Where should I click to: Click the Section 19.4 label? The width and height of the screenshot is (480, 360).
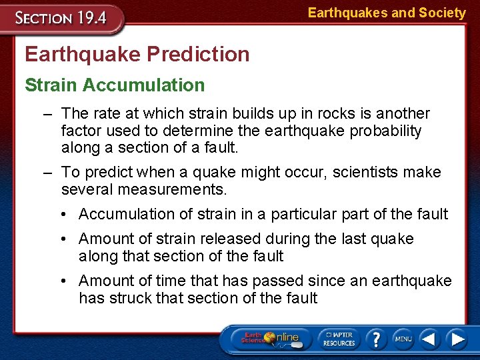61,18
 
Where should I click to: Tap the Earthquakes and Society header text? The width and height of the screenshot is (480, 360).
387,13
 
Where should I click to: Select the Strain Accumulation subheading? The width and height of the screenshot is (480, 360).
115,85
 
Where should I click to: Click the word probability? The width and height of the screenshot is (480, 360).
383,131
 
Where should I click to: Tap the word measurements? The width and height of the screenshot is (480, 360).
172,189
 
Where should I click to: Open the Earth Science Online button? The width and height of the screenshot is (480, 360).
269,338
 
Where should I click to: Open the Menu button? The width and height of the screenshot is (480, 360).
403,338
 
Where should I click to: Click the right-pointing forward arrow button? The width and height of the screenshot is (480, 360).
457,338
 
